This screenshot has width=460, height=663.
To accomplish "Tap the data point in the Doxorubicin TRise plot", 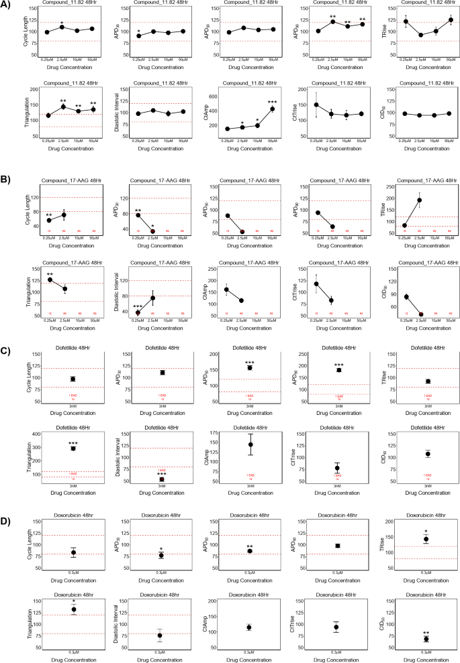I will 426,539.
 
